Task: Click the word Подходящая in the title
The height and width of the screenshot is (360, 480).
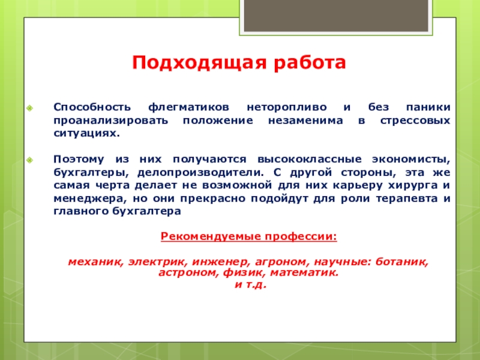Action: (199, 63)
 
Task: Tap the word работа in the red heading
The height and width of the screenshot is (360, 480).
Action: (310, 62)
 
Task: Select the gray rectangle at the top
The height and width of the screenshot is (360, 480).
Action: (336, 16)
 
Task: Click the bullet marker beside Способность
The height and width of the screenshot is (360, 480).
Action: (29, 108)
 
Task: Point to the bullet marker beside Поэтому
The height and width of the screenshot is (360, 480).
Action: (29, 160)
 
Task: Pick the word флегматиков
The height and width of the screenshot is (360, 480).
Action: (188, 107)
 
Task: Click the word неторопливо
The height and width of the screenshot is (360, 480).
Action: (287, 107)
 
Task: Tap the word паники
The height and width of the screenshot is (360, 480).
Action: (428, 107)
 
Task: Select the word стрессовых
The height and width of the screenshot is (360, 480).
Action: (415, 121)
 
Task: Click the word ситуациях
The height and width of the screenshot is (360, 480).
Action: (86, 133)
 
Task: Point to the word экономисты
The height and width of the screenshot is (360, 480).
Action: (411, 160)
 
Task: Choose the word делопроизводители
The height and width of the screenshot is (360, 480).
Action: (200, 173)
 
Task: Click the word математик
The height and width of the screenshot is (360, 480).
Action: (304, 273)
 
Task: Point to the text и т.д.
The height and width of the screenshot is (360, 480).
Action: (250, 284)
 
